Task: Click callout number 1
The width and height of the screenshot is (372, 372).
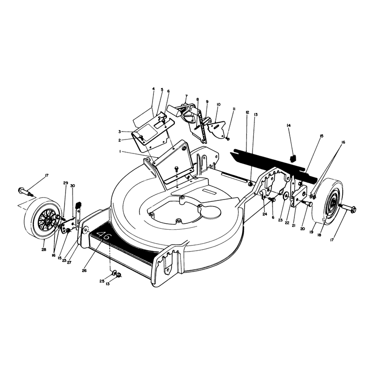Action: (x=120, y=152)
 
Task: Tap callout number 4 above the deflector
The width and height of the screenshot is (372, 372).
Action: (x=153, y=89)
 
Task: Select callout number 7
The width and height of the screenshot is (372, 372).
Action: (x=186, y=96)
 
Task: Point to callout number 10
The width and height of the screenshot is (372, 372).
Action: (x=219, y=104)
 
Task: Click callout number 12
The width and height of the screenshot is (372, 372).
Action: (x=247, y=112)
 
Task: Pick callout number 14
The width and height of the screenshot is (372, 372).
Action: (x=289, y=126)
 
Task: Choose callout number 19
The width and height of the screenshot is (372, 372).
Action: (x=311, y=232)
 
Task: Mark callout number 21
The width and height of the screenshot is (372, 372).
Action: (x=293, y=226)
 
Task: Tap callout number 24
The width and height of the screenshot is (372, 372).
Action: (x=265, y=214)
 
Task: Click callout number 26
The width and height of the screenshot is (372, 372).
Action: (x=84, y=271)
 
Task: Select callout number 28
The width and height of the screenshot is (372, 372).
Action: (x=44, y=249)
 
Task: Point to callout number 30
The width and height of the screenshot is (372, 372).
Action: (x=73, y=186)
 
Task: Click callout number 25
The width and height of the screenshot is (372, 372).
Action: (x=101, y=281)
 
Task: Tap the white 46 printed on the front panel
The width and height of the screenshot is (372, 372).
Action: (x=103, y=236)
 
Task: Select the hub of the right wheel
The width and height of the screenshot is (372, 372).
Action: (x=334, y=201)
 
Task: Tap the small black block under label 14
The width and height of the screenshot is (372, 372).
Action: (x=293, y=158)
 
